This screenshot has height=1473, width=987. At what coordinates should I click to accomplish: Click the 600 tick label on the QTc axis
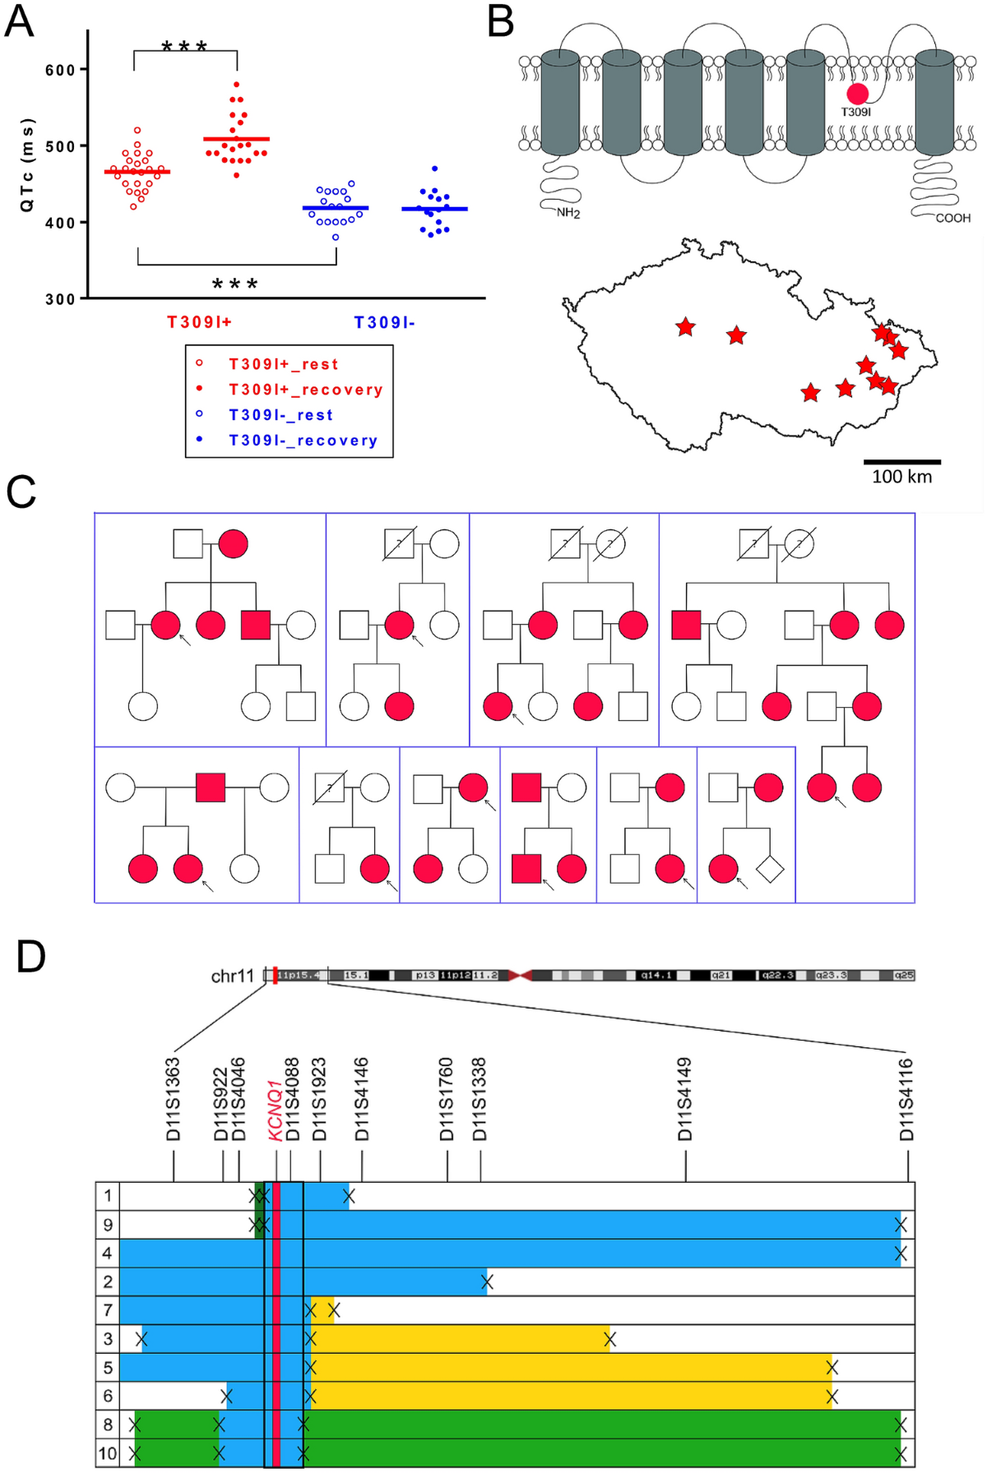tap(60, 70)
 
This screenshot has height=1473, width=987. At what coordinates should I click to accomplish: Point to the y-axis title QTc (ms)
tap(27, 164)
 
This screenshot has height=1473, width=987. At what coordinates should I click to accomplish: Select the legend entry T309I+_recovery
tap(305, 390)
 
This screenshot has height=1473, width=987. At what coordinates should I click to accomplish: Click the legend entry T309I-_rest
tap(280, 415)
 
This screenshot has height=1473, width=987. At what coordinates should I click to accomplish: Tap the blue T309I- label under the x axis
tap(384, 323)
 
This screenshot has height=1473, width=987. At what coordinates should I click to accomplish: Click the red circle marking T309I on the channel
tap(858, 94)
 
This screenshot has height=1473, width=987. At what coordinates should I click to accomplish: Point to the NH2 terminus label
tap(568, 214)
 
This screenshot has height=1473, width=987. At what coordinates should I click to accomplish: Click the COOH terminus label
tap(952, 219)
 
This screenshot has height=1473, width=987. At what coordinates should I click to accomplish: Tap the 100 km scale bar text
tap(901, 477)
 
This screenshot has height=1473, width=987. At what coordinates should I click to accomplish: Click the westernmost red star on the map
tap(685, 327)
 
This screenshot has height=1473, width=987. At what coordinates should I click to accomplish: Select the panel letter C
tap(21, 492)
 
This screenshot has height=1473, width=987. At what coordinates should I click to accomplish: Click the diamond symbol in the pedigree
tap(770, 869)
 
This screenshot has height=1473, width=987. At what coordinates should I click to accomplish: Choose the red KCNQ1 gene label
tap(276, 1111)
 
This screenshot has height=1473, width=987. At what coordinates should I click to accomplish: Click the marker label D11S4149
tap(685, 1099)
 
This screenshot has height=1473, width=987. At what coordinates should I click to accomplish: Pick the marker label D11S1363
tap(173, 1099)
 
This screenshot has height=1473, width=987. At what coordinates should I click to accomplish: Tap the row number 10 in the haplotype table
tap(108, 1453)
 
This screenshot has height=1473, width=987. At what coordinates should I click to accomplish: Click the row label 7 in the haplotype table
tap(108, 1310)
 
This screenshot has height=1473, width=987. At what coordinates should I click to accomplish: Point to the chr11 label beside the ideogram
tap(233, 977)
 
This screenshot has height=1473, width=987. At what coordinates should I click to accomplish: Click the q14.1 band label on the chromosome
tap(656, 976)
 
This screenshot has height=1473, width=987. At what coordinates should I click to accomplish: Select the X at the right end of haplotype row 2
tap(487, 1282)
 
